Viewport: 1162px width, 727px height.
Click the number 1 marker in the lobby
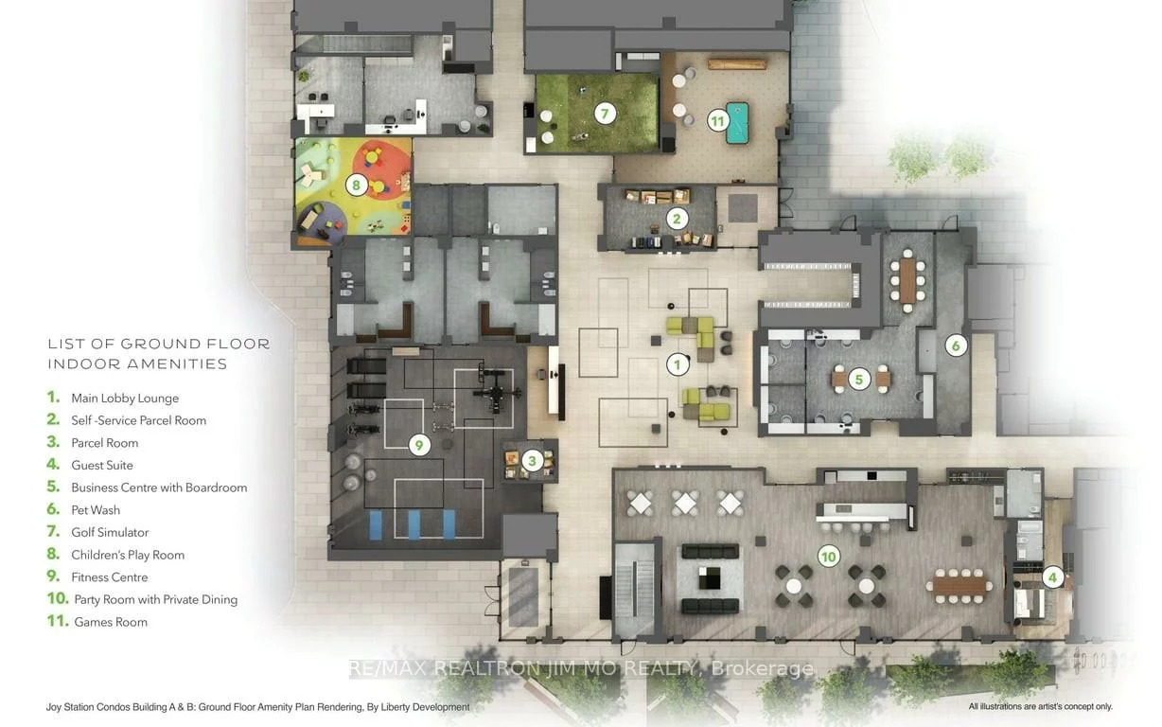tap(677, 363)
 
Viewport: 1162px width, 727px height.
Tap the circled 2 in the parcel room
tap(676, 219)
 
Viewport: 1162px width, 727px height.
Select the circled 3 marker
tap(532, 461)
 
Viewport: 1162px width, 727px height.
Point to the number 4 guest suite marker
tap(1050, 576)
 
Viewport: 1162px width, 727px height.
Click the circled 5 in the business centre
tap(858, 380)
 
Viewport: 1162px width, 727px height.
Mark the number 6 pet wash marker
tap(956, 346)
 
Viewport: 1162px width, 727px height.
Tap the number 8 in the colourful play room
tap(356, 185)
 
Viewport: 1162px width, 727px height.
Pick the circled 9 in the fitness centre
tap(419, 444)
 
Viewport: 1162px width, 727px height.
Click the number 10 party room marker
tap(828, 557)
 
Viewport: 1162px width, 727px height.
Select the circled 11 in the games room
tap(718, 120)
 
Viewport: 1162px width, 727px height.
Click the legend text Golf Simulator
tap(110, 532)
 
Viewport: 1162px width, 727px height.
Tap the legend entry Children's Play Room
tap(128, 555)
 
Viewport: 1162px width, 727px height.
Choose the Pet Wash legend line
tap(96, 510)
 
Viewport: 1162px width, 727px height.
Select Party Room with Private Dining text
tap(154, 599)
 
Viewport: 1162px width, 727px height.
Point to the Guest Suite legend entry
tap(102, 465)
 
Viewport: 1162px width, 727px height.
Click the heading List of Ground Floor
tap(159, 344)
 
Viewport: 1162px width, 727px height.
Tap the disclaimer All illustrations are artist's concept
tap(1040, 706)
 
